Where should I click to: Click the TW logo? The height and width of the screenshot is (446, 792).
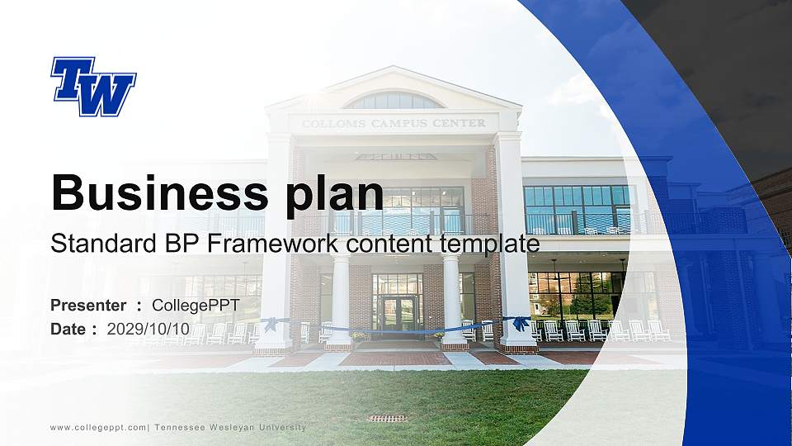[93, 86]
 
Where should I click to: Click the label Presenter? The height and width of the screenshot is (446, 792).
[88, 306]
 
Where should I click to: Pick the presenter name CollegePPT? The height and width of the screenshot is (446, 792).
[196, 306]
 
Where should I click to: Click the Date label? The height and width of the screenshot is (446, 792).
[68, 329]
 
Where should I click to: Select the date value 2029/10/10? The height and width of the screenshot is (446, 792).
[148, 329]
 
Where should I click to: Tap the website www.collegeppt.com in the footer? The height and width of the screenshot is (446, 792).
[98, 427]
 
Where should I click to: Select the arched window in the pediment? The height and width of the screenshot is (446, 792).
[394, 101]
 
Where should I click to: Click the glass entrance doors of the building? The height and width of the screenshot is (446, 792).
[398, 312]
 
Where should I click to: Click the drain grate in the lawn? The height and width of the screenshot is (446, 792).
[388, 418]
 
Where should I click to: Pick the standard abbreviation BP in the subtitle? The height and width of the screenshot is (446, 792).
[163, 244]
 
